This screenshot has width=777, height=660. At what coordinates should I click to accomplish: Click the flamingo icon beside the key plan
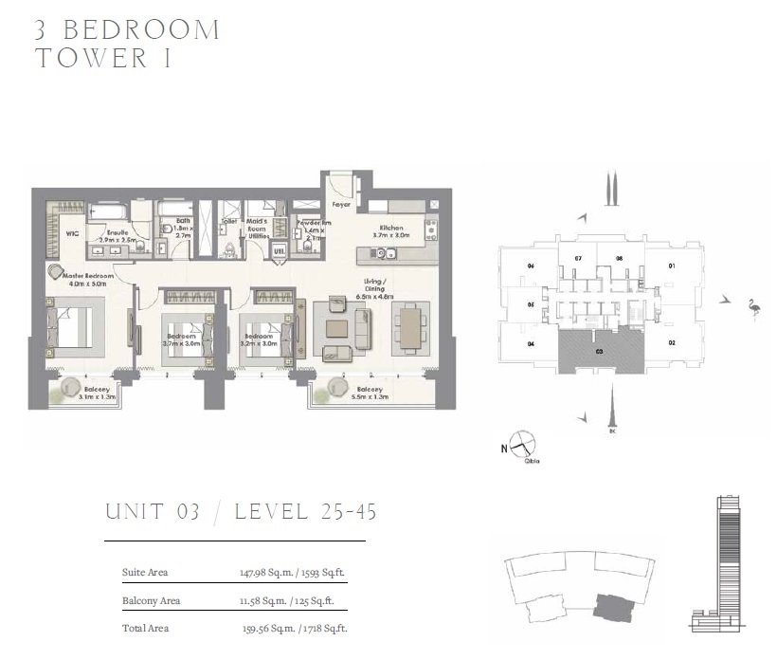(x=752, y=309)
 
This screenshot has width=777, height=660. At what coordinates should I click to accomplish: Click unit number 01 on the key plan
(x=672, y=266)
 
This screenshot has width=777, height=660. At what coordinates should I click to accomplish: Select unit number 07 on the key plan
(x=578, y=258)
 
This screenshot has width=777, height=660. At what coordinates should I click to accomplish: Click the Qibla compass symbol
(x=522, y=443)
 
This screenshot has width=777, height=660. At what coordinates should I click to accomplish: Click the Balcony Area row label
(x=151, y=600)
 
